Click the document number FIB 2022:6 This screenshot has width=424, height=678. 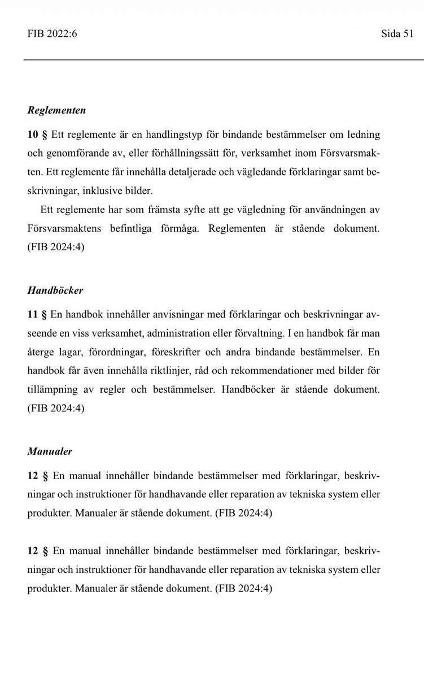(52, 34)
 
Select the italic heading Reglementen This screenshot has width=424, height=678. (56, 111)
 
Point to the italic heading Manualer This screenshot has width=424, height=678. (49, 452)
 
